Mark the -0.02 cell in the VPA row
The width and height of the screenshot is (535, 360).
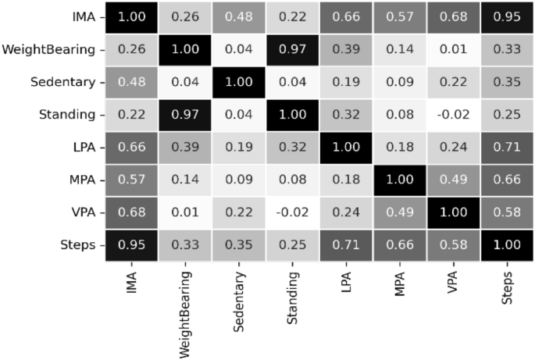tap(294, 212)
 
